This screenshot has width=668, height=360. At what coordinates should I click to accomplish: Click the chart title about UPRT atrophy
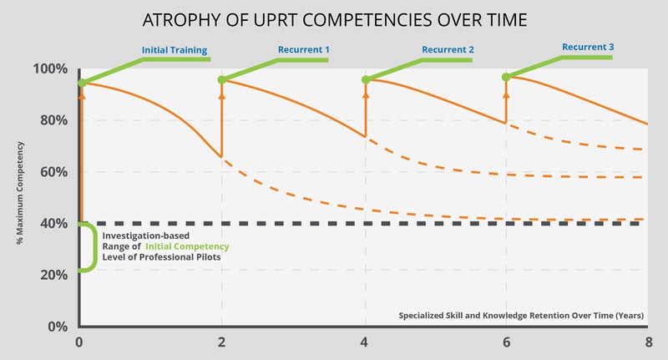[x=333, y=18]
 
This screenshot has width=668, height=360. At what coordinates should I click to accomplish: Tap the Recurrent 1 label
[x=304, y=49]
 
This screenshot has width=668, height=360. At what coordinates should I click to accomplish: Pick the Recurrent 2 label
[x=448, y=49]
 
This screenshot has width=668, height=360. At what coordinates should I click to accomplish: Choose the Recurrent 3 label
[x=588, y=47]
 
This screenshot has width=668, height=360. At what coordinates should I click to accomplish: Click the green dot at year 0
[x=82, y=83]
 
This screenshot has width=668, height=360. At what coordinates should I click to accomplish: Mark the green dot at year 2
[x=222, y=80]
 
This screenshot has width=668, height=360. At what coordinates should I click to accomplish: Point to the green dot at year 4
[x=365, y=80]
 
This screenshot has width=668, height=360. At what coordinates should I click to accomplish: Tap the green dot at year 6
[x=505, y=77]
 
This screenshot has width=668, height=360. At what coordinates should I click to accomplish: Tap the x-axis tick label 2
[x=222, y=342]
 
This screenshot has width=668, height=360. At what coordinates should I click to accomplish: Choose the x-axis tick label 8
[x=647, y=342]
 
